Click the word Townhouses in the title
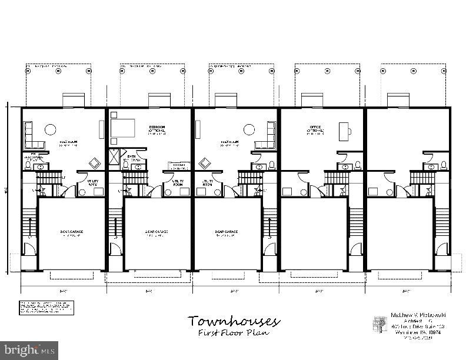coord(234,321)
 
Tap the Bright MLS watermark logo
coord(29,350)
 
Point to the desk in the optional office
coord(345,130)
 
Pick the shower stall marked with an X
coord(115,157)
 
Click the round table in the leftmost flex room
coord(51,129)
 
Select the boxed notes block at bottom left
coord(44,308)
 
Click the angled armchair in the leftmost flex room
coord(94,163)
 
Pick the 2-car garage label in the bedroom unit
coord(157,232)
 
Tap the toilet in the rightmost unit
coord(444,164)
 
